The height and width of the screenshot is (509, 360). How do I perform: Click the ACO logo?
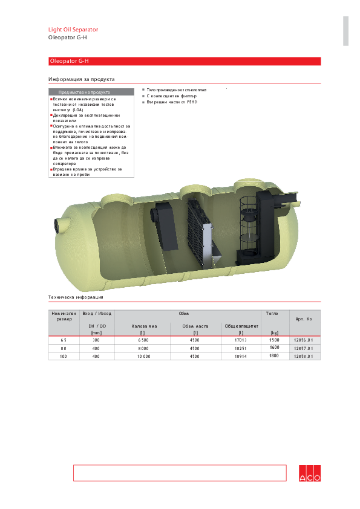pyautogui.click(x=310, y=474)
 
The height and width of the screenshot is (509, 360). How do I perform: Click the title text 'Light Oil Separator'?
pyautogui.click(x=73, y=30)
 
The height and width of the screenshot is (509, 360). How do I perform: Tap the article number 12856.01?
pyautogui.click(x=303, y=340)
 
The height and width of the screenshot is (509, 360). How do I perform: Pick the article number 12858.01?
pyautogui.click(x=303, y=357)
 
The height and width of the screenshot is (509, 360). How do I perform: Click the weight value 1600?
pyautogui.click(x=274, y=348)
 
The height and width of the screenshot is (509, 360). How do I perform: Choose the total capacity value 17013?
pyautogui.click(x=241, y=340)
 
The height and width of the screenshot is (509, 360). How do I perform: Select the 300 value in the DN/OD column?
pyautogui.click(x=96, y=340)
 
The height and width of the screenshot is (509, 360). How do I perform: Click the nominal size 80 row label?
pyautogui.click(x=64, y=349)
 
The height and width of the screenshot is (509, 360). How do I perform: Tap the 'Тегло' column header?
pyautogui.click(x=272, y=314)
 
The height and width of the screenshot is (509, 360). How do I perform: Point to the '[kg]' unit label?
pyautogui.click(x=274, y=332)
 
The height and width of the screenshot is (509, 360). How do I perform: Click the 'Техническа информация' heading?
pyautogui.click(x=76, y=297)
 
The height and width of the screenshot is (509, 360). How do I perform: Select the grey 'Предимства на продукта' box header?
pyautogui.click(x=83, y=92)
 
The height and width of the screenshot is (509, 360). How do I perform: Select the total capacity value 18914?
pyautogui.click(x=241, y=357)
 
